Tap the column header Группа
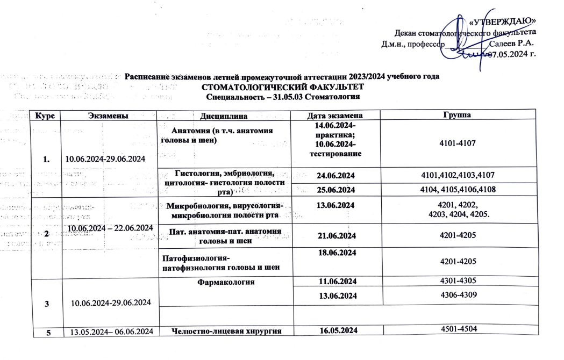point(459,115)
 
